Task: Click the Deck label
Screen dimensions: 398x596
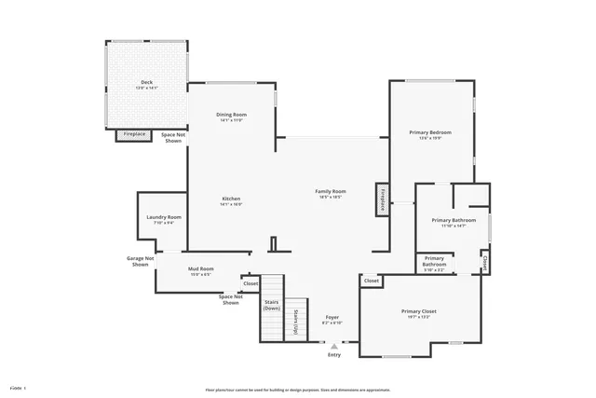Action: (x=147, y=85)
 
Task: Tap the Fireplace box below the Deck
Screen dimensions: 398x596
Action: (x=134, y=134)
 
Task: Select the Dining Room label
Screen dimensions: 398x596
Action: (x=231, y=117)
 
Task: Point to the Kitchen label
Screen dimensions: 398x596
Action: (x=231, y=200)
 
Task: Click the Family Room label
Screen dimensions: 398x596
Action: (x=332, y=193)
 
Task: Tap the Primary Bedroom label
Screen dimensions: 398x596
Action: (x=430, y=134)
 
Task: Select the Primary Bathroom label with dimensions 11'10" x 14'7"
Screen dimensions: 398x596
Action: (x=454, y=222)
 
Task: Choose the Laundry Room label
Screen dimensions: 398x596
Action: (x=164, y=219)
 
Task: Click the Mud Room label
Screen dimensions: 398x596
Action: (x=201, y=271)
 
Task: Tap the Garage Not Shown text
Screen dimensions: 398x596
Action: (x=140, y=261)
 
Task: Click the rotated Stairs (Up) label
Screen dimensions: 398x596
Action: (x=295, y=322)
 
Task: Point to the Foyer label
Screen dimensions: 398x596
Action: (x=332, y=320)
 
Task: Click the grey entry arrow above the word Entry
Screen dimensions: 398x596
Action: (x=334, y=346)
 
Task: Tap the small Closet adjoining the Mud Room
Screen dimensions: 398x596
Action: (x=251, y=283)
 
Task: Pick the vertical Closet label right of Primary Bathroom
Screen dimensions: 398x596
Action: (x=484, y=262)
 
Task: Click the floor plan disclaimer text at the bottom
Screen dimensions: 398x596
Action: (x=298, y=390)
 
